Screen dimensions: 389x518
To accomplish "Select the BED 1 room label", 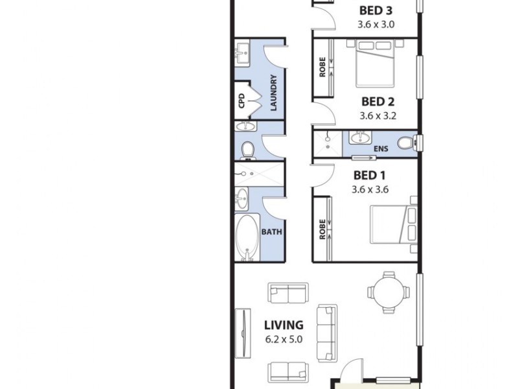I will coord(369,175).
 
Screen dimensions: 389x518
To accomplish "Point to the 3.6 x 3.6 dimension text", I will coord(369,190).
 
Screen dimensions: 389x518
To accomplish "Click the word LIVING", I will coord(283,325).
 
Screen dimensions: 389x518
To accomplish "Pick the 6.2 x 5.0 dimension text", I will coord(283,338).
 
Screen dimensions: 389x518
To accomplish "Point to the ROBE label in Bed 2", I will coord(322,67).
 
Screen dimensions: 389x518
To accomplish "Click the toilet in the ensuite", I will coord(406,142).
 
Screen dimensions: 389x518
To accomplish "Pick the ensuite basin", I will coord(359,137).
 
